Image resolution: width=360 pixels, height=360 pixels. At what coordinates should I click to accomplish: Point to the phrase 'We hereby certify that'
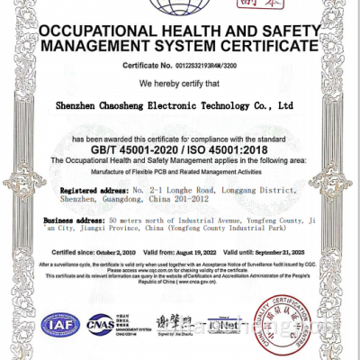click(180, 83)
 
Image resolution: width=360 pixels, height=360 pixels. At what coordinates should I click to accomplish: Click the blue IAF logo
click(60, 324)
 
